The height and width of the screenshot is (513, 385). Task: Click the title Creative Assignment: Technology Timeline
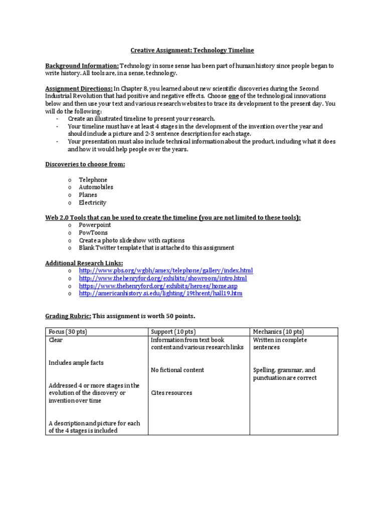(192, 51)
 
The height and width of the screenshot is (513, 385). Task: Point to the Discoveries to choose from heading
(85, 164)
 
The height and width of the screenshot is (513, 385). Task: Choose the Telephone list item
(93, 180)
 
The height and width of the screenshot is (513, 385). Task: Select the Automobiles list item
(96, 187)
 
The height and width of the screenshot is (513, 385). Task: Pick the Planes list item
(88, 195)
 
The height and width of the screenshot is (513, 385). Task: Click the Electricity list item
(92, 203)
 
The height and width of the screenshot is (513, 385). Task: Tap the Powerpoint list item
(95, 225)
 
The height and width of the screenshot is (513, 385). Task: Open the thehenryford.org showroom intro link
(163, 278)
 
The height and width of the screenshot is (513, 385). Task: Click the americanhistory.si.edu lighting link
(160, 294)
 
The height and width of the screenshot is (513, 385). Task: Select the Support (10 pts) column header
(173, 332)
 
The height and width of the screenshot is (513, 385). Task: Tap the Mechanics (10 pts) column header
(278, 332)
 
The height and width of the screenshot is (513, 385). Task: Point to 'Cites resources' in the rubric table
(171, 393)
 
